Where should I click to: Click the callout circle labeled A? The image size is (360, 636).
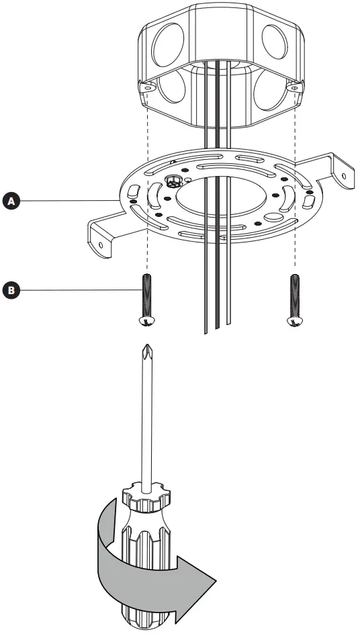tap(10, 200)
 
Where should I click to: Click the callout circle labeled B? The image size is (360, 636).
tap(10, 290)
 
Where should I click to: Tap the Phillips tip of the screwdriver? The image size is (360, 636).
tap(145, 353)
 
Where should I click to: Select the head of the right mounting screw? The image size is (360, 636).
tap(294, 320)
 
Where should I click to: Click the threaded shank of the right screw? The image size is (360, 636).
tap(294, 293)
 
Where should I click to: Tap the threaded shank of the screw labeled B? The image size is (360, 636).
tap(145, 293)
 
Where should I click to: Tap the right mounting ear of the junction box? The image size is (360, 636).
tap(293, 87)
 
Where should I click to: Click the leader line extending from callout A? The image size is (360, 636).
tap(67, 200)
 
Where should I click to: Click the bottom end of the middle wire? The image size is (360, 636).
tap(216, 329)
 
